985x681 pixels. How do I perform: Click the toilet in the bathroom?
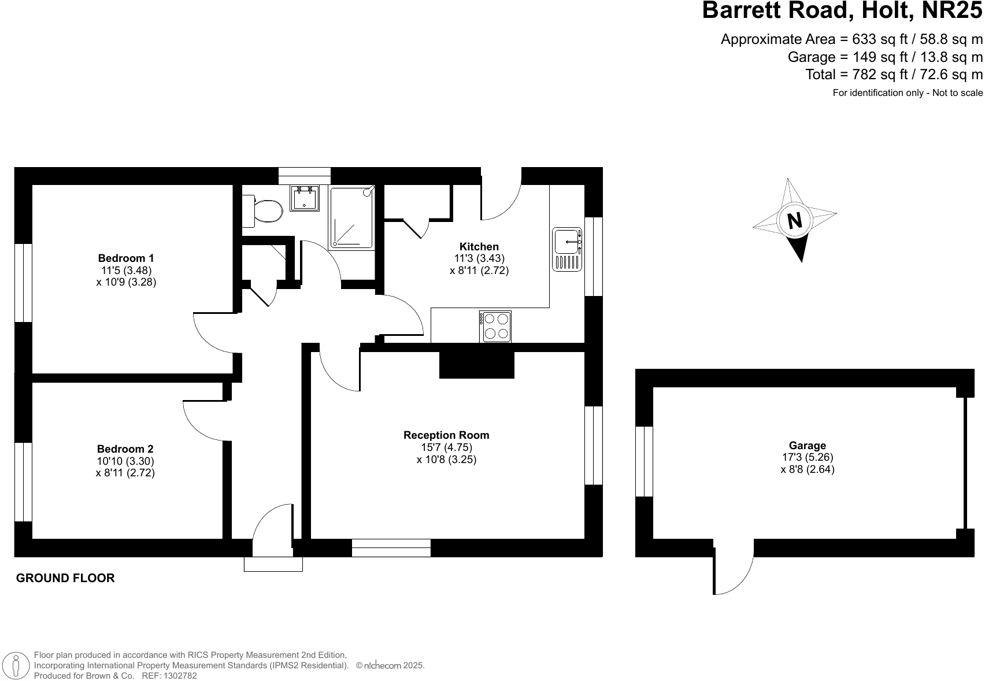[x=265, y=211]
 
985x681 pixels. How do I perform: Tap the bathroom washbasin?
[x=305, y=198]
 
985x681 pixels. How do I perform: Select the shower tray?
[x=351, y=217]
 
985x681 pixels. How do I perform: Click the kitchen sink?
[x=567, y=249]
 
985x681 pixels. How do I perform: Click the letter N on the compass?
[x=795, y=221]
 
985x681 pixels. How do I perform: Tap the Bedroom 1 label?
[x=126, y=258]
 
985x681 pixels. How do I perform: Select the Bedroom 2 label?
[x=125, y=449]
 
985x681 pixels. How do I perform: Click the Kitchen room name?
[x=479, y=247]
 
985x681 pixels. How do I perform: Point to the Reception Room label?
[x=446, y=435]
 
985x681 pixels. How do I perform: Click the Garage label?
[x=807, y=446]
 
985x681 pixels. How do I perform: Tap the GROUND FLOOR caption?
[x=65, y=578]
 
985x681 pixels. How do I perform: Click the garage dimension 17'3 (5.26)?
[x=807, y=457]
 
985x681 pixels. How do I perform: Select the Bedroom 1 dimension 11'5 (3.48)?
[x=126, y=270]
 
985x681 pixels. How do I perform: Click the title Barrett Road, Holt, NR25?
[x=842, y=11]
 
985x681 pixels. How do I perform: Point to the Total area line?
[x=894, y=75]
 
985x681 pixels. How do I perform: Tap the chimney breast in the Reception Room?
[x=476, y=365]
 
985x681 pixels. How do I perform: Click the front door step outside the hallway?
[x=273, y=564]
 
